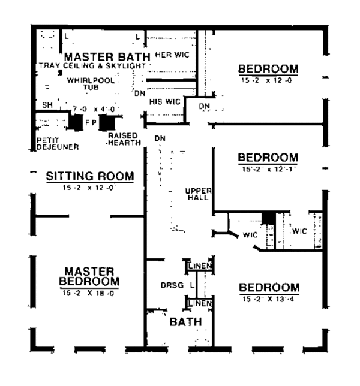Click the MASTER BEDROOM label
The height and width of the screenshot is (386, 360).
[90, 276]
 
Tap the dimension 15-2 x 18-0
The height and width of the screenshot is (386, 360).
[90, 293]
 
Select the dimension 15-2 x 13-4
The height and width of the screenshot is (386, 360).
[268, 298]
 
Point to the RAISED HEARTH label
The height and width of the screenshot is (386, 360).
[124, 139]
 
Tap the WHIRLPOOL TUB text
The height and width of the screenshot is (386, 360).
[88, 83]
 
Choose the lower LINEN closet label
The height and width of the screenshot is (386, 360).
[199, 304]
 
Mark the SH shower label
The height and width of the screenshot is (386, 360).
[47, 105]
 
